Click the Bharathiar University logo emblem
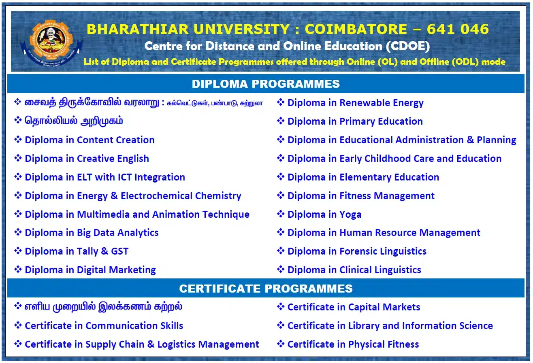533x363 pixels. pos(51,43)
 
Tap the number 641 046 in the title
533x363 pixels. pos(458,29)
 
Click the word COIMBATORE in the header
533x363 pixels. pos(356,29)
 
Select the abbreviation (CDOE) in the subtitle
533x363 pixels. pos(407,46)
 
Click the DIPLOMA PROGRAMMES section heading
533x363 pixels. pos(266,84)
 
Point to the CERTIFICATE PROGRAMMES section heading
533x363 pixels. pos(266,289)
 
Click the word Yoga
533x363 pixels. pos(350,214)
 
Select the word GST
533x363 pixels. pos(120,251)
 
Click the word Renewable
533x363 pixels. pos(365,103)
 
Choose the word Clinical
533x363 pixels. pos(354,270)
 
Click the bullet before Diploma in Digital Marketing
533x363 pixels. pos(18,270)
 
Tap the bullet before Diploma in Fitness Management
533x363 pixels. pos(281,195)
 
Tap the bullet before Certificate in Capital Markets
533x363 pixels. pos(281,306)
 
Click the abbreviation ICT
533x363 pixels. pos(125,177)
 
